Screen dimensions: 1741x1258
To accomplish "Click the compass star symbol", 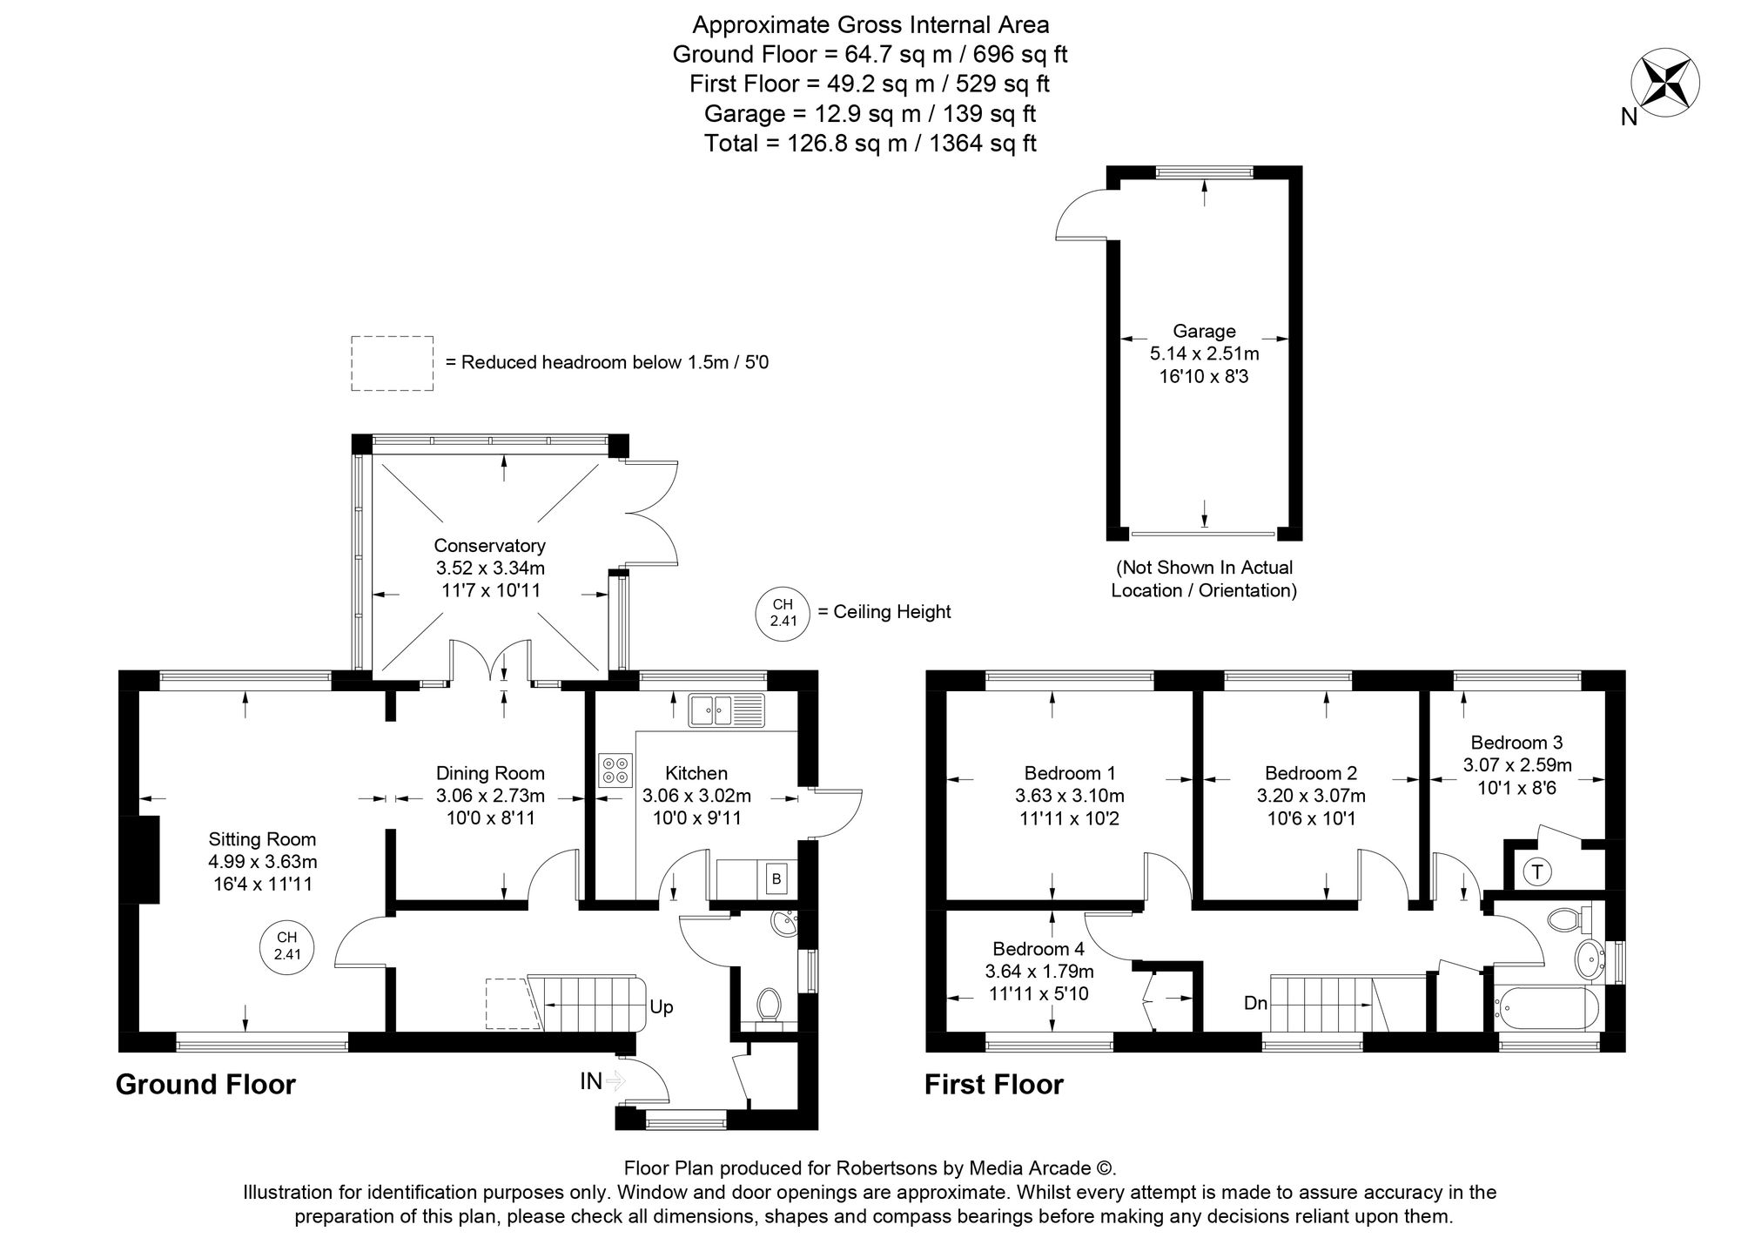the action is pyautogui.click(x=1664, y=84).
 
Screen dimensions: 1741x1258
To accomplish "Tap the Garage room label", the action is pyautogui.click(x=1204, y=331).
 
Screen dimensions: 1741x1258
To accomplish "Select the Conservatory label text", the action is pyautogui.click(x=489, y=546).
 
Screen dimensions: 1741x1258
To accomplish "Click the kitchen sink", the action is pyautogui.click(x=725, y=710).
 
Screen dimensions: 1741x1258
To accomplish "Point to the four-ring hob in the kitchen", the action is pyautogui.click(x=615, y=770).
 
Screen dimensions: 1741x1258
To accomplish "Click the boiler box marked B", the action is pyautogui.click(x=776, y=879).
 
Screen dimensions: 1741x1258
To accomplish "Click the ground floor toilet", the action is pyautogui.click(x=768, y=1005).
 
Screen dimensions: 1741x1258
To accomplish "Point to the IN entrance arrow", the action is pyautogui.click(x=615, y=1081).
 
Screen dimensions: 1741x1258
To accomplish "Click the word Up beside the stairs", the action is pyautogui.click(x=661, y=1007).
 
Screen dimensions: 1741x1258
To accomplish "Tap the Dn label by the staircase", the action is pyautogui.click(x=1255, y=1003).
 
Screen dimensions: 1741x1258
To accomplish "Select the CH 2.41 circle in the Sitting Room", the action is pyautogui.click(x=287, y=945).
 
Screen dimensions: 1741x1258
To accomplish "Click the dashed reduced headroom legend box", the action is pyautogui.click(x=393, y=363).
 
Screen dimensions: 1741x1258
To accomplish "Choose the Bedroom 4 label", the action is pyautogui.click(x=1039, y=948).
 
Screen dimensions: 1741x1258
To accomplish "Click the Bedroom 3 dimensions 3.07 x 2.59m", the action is pyautogui.click(x=1517, y=765).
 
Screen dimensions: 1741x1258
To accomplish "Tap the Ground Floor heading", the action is pyautogui.click(x=205, y=1084).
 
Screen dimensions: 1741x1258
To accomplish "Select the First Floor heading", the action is pyautogui.click(x=994, y=1085).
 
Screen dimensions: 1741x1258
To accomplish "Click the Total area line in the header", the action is pyautogui.click(x=870, y=143).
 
